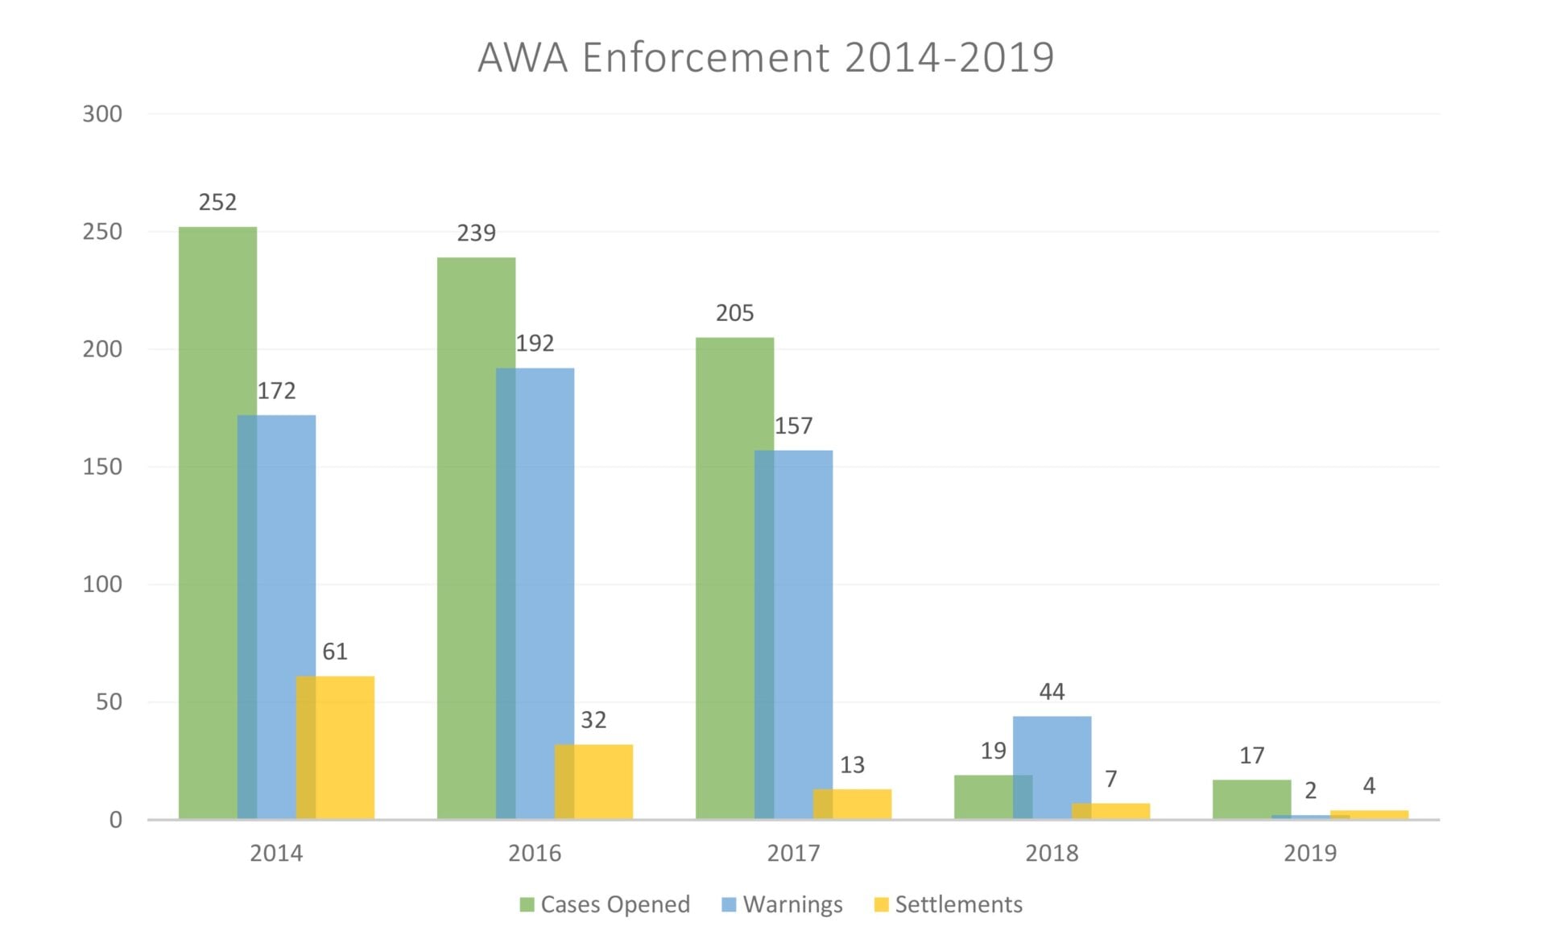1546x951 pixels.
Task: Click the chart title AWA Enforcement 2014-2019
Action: [x=765, y=58]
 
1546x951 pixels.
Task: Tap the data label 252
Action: [x=217, y=202]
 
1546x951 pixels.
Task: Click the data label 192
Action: [x=535, y=344]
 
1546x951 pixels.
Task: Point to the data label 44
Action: [x=1052, y=692]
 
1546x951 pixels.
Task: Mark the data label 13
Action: [x=852, y=765]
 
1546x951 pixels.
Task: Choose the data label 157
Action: [x=793, y=426]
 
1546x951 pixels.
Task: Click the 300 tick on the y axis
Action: [x=102, y=114]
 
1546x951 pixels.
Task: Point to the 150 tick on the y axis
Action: [x=102, y=467]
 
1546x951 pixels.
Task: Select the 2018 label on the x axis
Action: [x=1052, y=853]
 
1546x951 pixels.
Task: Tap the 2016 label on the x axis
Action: [x=535, y=853]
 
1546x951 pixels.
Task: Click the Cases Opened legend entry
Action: [x=606, y=904]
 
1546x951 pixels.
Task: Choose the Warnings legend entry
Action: [x=783, y=904]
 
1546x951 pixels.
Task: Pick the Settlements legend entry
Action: [x=949, y=904]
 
